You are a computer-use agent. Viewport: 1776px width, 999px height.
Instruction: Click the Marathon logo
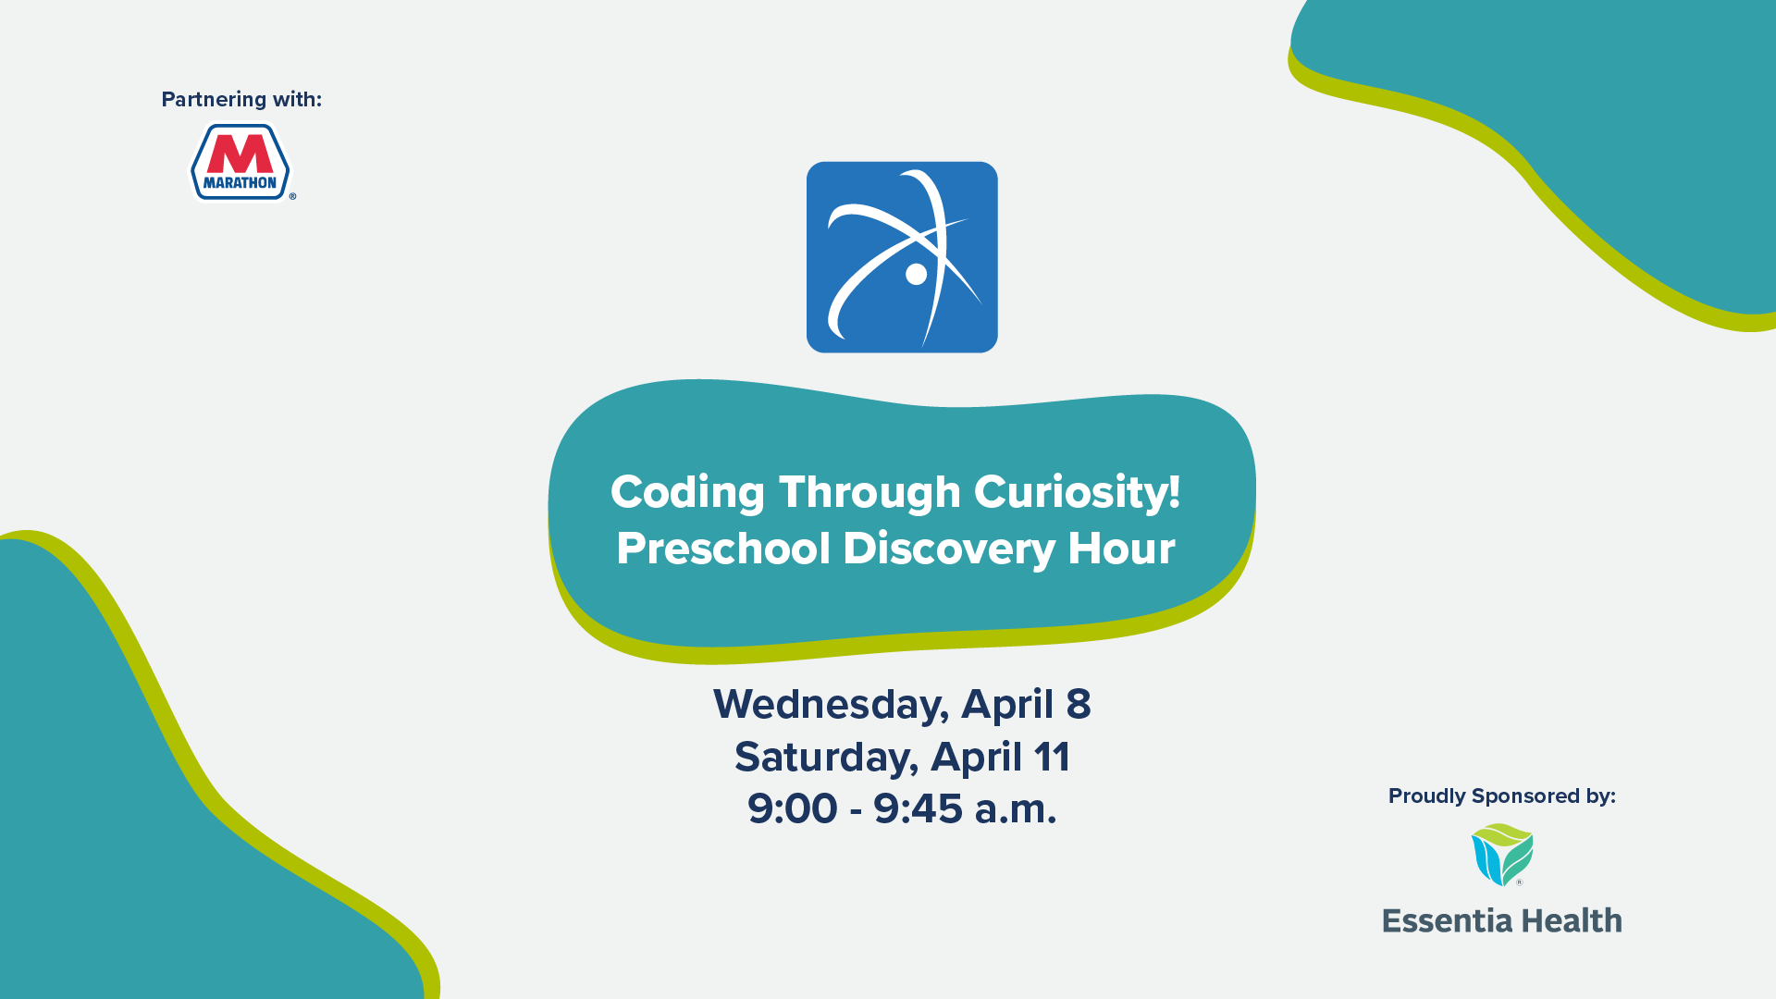[x=240, y=163]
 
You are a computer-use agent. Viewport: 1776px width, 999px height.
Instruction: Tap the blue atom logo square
[x=902, y=257]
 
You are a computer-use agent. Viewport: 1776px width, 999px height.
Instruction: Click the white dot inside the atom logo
[x=916, y=274]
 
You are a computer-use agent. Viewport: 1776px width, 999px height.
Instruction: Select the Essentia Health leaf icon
[x=1502, y=855]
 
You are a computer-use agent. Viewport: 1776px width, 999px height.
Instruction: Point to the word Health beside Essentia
[x=1572, y=920]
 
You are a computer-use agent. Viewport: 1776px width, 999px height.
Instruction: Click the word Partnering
[x=214, y=99]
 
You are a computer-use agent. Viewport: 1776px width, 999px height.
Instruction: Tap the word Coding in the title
[x=687, y=492]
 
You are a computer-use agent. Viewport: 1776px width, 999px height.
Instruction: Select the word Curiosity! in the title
[x=1077, y=492]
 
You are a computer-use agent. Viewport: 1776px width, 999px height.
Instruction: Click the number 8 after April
[x=1079, y=704]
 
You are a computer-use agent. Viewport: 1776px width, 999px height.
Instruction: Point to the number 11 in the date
[x=1052, y=757]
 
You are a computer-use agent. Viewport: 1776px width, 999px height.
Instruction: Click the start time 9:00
[x=793, y=808]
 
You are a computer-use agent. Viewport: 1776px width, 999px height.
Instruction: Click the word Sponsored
[x=1525, y=795]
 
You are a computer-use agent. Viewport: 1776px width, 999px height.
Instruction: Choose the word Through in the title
[x=869, y=492]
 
